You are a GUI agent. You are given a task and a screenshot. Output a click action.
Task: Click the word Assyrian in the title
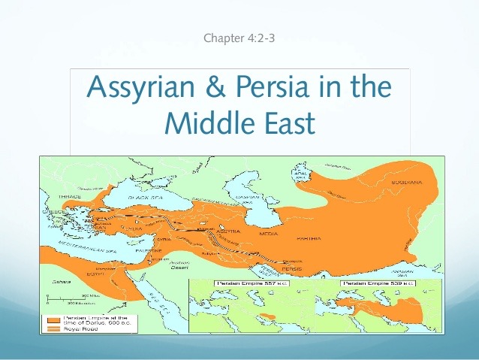pyautogui.click(x=146, y=87)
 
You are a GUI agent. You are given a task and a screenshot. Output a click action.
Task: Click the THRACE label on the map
pyautogui.click(x=70, y=196)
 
